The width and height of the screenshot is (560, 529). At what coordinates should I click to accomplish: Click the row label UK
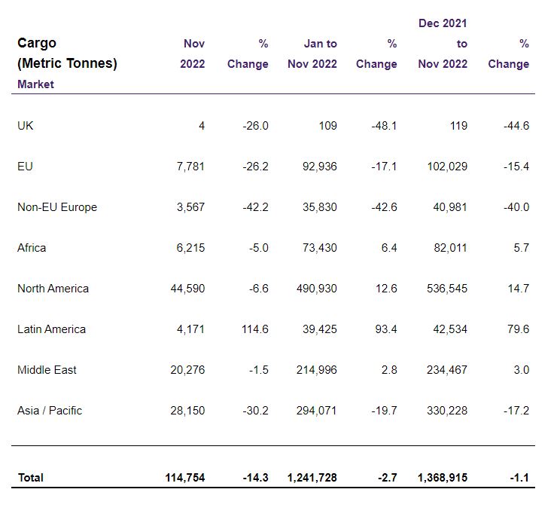coord(26,126)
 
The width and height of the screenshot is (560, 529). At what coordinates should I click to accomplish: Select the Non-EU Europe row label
coord(57,207)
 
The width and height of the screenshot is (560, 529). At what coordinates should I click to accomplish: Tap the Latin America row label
coord(51,329)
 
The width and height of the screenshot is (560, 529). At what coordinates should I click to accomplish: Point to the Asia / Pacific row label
coord(50,411)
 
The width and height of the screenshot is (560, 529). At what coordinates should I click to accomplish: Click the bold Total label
coord(31,478)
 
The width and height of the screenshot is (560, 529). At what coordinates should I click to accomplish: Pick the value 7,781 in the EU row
coord(190,167)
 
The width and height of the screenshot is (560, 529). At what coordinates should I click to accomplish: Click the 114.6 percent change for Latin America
coord(255,329)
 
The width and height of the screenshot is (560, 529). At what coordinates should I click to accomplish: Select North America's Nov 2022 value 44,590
coord(188,289)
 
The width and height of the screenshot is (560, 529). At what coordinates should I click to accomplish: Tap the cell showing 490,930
coord(317,289)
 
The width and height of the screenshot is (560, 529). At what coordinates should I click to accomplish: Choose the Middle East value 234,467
coord(447,370)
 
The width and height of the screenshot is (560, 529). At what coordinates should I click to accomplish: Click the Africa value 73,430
coord(320,248)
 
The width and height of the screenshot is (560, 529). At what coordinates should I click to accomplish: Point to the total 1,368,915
coord(443,478)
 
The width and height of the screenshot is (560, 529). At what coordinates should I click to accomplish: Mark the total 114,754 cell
coord(185,478)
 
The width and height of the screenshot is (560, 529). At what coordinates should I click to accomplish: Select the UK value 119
coord(458,126)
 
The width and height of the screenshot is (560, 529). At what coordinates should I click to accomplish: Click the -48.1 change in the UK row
coord(385,126)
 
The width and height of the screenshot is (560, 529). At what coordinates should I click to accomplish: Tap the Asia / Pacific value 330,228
coord(447,411)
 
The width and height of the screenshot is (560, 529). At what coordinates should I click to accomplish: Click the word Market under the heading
coord(35,84)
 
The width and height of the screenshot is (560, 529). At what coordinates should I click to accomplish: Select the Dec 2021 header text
coord(443,23)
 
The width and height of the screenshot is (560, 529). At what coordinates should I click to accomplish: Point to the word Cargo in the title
coord(37,43)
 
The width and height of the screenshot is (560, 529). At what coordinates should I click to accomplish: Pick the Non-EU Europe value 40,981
coord(450,207)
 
